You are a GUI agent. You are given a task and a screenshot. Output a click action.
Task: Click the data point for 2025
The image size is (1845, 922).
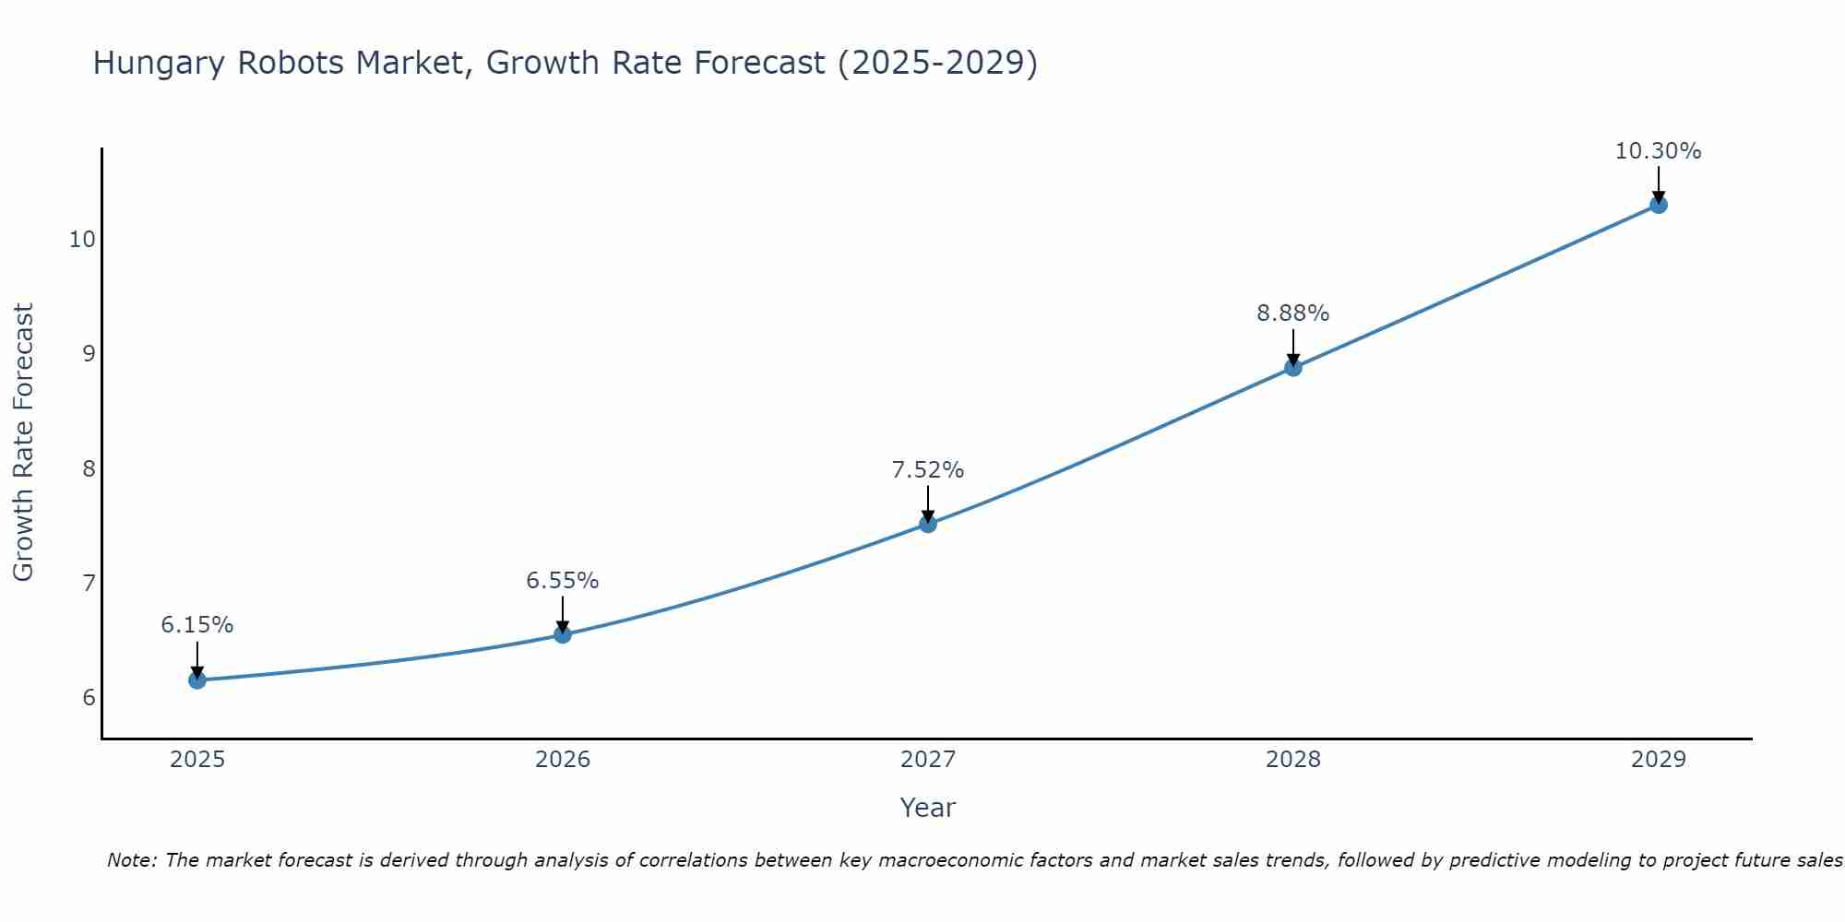197,680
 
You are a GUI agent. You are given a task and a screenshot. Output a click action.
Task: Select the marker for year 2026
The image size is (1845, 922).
563,634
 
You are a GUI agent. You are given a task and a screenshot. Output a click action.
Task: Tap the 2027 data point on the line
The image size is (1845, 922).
928,524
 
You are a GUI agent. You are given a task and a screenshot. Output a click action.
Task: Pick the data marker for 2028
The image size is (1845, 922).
1293,368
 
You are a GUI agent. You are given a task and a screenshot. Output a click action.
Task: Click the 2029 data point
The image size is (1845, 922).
1658,205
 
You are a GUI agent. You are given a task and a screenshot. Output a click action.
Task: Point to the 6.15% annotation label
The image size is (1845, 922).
197,625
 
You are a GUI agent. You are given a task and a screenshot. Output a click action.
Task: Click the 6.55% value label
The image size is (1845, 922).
563,581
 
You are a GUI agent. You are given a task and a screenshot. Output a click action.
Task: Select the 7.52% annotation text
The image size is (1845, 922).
928,470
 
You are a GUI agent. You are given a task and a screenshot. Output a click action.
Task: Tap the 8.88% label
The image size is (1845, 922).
1293,313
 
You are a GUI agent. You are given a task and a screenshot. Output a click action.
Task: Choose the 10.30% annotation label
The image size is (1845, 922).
1658,151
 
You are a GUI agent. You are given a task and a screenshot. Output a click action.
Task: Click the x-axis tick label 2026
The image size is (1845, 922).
563,760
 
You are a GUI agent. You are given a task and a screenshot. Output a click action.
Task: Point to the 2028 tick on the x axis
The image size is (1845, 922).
1293,760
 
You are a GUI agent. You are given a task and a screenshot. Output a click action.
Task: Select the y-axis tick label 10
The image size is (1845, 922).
82,240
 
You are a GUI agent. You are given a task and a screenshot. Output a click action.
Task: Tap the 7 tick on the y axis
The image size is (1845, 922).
89,583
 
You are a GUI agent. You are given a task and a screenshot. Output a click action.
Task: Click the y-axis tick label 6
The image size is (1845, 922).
89,697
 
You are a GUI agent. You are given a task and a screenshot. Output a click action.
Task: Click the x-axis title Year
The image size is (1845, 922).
927,808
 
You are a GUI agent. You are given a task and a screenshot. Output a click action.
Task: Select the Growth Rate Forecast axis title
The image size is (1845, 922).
23,443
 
